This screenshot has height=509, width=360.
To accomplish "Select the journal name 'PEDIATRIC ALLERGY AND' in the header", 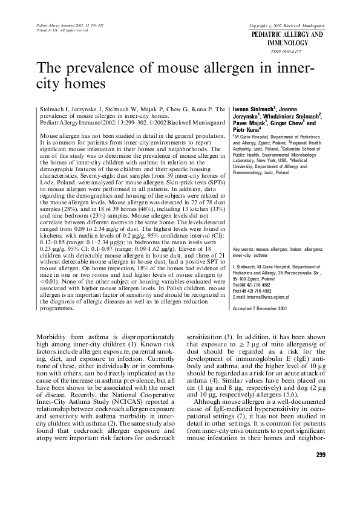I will [295, 36].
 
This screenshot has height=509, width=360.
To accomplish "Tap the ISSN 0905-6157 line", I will [295, 52].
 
